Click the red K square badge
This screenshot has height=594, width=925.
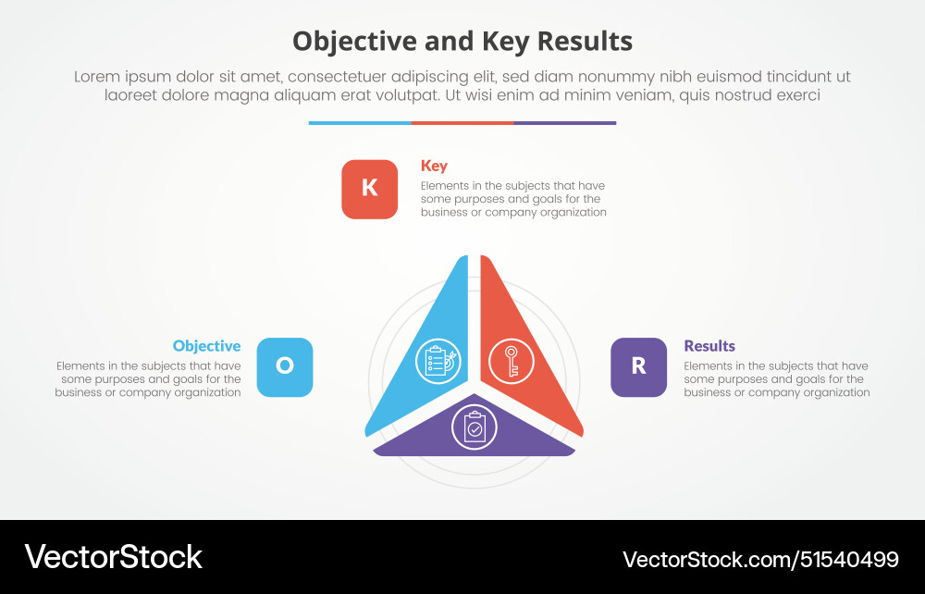pos(369,189)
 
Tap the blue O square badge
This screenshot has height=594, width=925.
pos(284,366)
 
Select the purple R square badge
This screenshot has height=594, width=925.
pos(638,366)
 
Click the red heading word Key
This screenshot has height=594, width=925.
pos(434,166)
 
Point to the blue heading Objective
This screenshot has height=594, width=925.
pos(206,346)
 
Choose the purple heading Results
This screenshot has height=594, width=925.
pos(709,346)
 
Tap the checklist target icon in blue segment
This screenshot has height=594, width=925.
pos(438,361)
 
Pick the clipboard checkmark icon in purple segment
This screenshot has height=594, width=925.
pos(474,427)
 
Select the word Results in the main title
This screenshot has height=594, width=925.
pos(582,42)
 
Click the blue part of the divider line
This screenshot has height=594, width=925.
pos(360,122)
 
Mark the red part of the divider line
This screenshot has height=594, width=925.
pos(462,122)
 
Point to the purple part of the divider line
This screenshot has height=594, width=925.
pos(564,122)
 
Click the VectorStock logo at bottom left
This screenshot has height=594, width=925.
pos(113,557)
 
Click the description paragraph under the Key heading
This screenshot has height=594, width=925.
pos(513,199)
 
